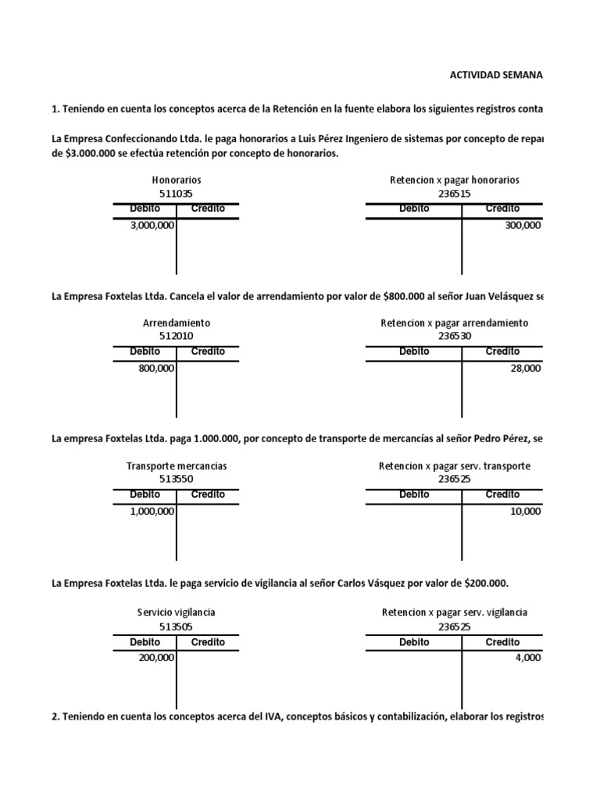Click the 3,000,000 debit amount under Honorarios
coord(152,225)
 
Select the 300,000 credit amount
coord(523,225)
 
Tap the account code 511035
coord(177,193)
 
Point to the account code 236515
coord(454,193)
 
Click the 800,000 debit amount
coord(156,368)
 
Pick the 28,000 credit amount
coord(526,368)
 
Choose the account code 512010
coord(177,336)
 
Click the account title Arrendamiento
coord(177,323)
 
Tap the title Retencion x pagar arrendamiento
coord(454,323)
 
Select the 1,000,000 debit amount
coord(152,511)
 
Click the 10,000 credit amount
coord(526,511)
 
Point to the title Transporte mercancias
coord(177,466)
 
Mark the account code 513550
coord(177,479)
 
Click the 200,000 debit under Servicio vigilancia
coord(156,658)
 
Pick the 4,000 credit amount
coord(528,658)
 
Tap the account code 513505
coord(177,626)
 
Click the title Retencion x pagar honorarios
coord(454,180)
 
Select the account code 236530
coord(454,336)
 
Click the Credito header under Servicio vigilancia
coord(208,642)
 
